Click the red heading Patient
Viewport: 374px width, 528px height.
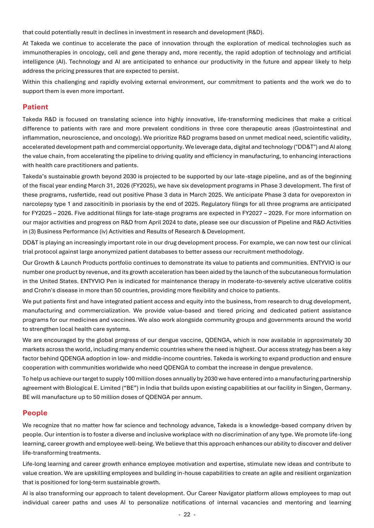(x=35, y=107)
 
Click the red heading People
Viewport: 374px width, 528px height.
(x=35, y=413)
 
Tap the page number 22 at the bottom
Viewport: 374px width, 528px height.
(x=187, y=514)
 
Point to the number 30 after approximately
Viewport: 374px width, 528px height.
(x=347, y=340)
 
